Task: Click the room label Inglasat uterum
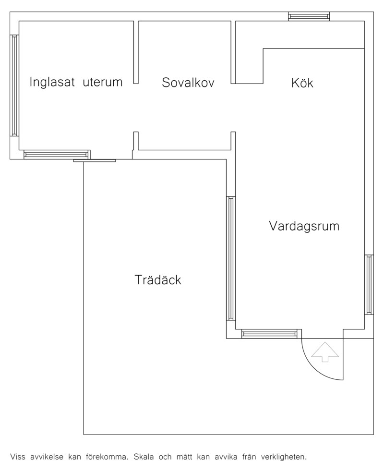click(x=76, y=82)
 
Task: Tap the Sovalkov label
click(x=188, y=83)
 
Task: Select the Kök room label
click(x=302, y=83)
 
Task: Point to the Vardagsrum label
click(x=304, y=226)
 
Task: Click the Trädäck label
click(x=157, y=279)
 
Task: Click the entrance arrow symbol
click(x=325, y=352)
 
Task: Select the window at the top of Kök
click(x=309, y=16)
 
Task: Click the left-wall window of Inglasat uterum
click(x=14, y=85)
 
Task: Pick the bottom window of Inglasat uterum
click(x=57, y=155)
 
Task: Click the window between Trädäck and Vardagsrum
click(x=231, y=258)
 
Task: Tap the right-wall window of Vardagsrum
click(x=369, y=285)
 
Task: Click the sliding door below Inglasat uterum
click(x=95, y=160)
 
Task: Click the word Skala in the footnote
click(x=144, y=457)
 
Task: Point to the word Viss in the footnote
click(x=17, y=457)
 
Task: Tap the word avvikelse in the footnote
click(x=47, y=457)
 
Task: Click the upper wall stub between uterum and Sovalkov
click(x=136, y=52)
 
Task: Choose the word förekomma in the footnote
click(x=107, y=457)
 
